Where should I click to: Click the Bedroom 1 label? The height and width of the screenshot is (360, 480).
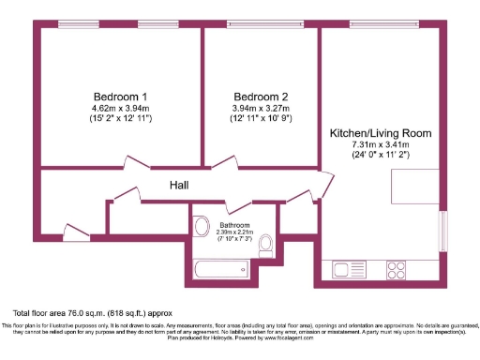[x=119, y=97]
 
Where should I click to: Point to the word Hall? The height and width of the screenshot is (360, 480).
[x=181, y=186]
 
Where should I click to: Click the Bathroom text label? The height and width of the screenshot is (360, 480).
[x=233, y=226]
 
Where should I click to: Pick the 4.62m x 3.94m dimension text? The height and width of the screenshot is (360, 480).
[x=119, y=109]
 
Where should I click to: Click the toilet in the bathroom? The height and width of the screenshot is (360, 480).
[x=266, y=245]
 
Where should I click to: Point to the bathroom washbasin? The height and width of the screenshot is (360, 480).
[x=201, y=227]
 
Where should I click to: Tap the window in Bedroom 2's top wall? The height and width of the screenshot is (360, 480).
[x=258, y=24]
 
